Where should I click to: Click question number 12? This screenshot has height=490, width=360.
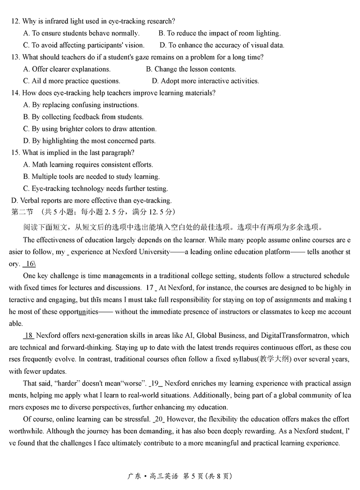pyautogui.click(x=15, y=21)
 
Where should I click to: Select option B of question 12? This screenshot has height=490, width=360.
pyautogui.click(x=219, y=33)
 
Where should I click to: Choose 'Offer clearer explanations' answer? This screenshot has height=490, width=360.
pyautogui.click(x=67, y=69)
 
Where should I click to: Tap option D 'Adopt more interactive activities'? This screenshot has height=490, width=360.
pyautogui.click(x=205, y=81)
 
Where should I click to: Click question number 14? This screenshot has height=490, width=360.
pyautogui.click(x=15, y=93)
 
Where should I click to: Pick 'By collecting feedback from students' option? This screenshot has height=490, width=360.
pyautogui.click(x=83, y=117)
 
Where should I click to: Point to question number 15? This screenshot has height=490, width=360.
pyautogui.click(x=15, y=153)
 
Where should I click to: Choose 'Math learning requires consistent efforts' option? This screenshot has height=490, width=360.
pyautogui.click(x=88, y=165)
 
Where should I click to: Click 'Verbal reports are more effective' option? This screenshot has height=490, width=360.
pyautogui.click(x=91, y=200)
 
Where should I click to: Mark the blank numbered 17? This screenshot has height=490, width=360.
pyautogui.click(x=151, y=288)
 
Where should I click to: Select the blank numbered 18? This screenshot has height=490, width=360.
pyautogui.click(x=28, y=336)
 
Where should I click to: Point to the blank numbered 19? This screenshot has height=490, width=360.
pyautogui.click(x=156, y=383)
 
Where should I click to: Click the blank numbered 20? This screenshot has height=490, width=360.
pyautogui.click(x=159, y=419)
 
